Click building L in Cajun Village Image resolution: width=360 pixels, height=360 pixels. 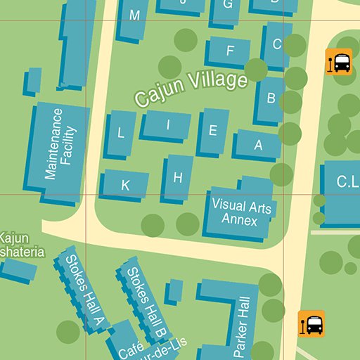(x=121, y=133)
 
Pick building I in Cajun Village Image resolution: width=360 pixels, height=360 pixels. (x=167, y=126)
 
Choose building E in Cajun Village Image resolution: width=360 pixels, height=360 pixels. (x=214, y=131)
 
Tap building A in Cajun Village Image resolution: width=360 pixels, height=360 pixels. (x=257, y=145)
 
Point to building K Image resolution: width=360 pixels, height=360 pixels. (x=125, y=185)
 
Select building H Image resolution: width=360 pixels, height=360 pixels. (x=178, y=178)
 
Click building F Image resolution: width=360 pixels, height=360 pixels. (x=229, y=51)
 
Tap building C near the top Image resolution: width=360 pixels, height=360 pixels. (x=276, y=45)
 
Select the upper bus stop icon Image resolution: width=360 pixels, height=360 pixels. (x=340, y=61)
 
